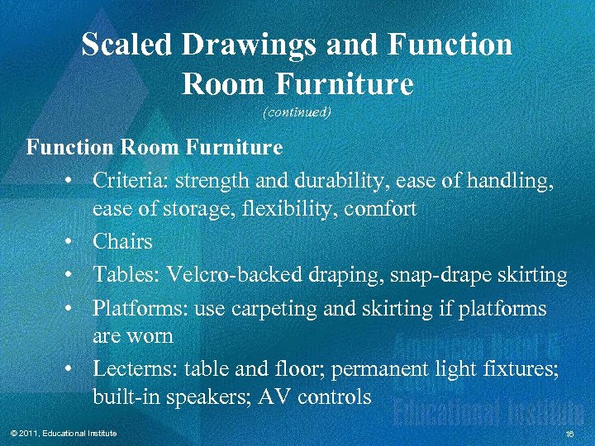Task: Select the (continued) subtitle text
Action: point(297,112)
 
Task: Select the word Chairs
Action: point(122,242)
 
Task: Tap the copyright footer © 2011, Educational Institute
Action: point(61,434)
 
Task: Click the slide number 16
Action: point(569,434)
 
